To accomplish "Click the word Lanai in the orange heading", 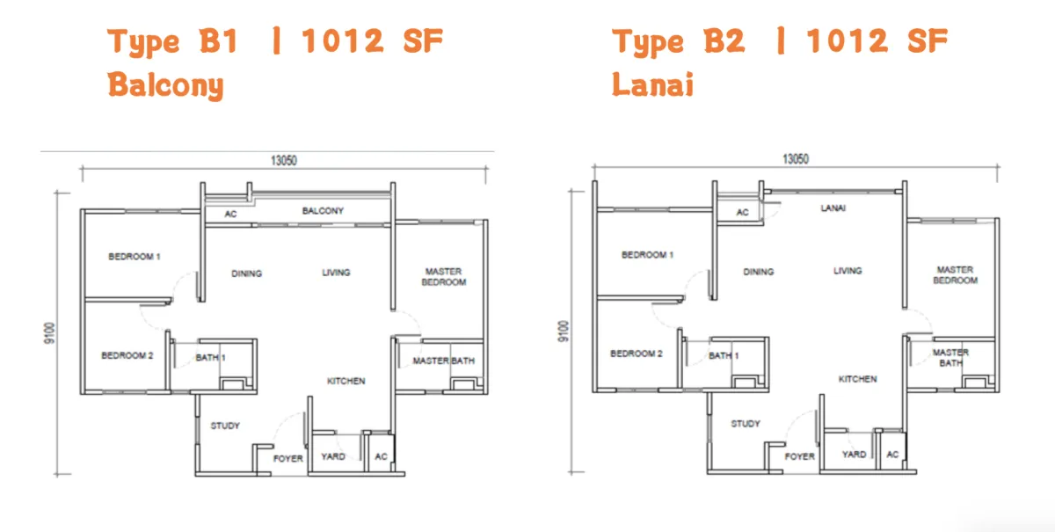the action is (x=652, y=84).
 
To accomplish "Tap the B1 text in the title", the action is (x=219, y=40).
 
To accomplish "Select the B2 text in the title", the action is (x=724, y=40).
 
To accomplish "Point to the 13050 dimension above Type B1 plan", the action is (x=283, y=161).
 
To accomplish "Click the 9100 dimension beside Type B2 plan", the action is (x=564, y=332).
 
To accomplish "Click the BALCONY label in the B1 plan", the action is (x=323, y=211).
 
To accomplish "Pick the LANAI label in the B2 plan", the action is (x=833, y=208).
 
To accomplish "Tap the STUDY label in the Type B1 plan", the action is (x=225, y=426).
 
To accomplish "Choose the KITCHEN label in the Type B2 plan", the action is (x=858, y=379).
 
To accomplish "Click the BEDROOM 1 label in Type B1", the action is (x=135, y=257).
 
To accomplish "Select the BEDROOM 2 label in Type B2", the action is (x=637, y=353).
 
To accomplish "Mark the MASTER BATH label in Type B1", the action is (x=444, y=361).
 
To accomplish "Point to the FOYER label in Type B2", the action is (x=799, y=456).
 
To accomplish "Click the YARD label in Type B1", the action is (x=333, y=456).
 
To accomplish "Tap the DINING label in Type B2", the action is (x=758, y=272).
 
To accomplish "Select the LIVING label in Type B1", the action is (x=336, y=273).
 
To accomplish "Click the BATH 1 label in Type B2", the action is (x=724, y=356).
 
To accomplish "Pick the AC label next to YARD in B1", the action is (x=381, y=456).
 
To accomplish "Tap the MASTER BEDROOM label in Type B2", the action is (x=955, y=275).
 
